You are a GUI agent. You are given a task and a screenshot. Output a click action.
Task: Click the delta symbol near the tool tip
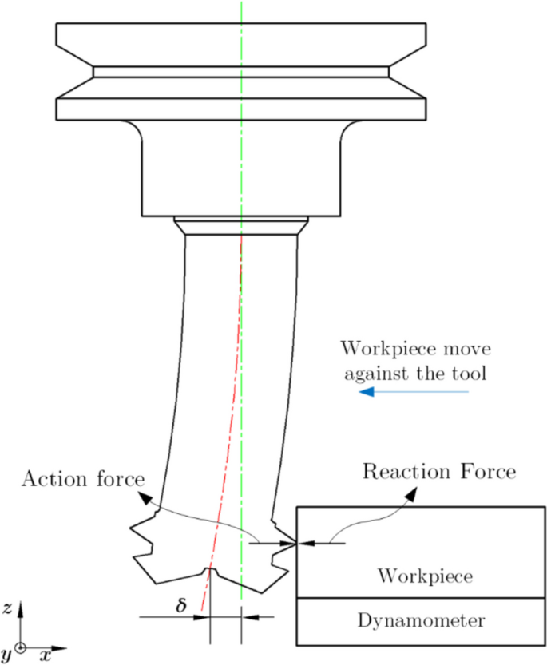point(181,605)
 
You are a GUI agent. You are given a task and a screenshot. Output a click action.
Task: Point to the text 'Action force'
point(83,480)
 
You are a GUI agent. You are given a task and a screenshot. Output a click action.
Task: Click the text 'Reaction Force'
point(439,470)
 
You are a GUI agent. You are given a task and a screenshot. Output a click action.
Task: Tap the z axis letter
point(7,608)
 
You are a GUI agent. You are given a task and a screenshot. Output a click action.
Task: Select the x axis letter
point(46,655)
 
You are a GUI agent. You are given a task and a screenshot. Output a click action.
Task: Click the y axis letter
point(6,655)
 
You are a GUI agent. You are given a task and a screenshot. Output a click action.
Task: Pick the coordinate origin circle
point(21,647)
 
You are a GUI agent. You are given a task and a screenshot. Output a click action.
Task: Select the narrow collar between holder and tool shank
point(240,225)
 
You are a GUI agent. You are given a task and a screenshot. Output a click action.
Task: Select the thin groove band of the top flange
point(240,72)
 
